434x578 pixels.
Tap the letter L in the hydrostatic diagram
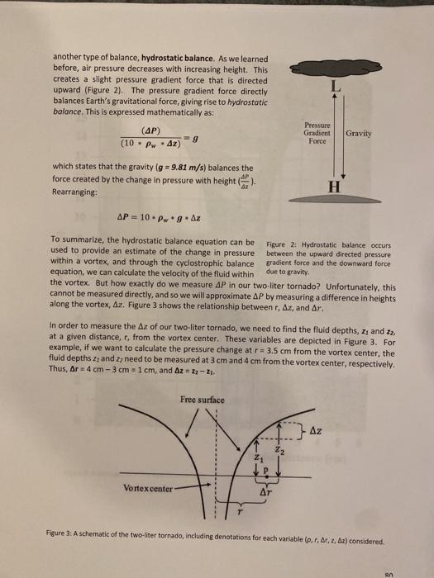(x=332, y=91)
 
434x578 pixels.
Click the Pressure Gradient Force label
(x=317, y=135)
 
